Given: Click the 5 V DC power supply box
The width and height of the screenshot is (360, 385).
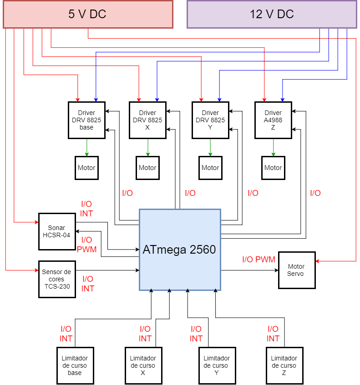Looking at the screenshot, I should pos(88,14).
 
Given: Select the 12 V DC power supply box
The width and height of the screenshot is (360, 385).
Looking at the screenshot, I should pos(272,14).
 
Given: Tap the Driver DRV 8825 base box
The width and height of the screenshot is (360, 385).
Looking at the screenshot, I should pos(86,120).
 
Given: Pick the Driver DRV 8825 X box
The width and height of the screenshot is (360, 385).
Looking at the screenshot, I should pos(147,120).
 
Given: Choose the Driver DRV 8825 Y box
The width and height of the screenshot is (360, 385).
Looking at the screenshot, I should pos(210,120).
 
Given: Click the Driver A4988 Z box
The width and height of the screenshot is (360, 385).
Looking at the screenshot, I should pos(273,120).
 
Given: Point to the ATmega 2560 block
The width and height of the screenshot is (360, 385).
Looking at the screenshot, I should pos(180,250).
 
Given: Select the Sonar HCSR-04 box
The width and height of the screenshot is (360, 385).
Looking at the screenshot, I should pos(56,231).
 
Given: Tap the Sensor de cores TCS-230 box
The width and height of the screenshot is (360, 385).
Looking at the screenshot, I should pos(57,279).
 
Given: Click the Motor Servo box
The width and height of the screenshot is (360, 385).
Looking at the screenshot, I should pos(297,270).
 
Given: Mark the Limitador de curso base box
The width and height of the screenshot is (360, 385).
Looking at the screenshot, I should pos(75,365).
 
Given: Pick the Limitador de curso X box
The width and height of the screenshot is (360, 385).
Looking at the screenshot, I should pos(143,365).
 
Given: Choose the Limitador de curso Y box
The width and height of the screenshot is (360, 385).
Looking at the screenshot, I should pos(217,365).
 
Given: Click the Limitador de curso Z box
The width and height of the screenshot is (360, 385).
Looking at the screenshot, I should pos(284,365).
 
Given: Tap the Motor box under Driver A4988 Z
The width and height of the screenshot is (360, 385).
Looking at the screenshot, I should pos(273,168).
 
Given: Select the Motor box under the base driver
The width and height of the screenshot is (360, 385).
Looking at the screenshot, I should pos(86,168).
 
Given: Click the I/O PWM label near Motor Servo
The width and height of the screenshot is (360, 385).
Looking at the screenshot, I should pos(259,260).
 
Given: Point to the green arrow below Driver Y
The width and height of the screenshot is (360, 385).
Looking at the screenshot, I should pos(210,147).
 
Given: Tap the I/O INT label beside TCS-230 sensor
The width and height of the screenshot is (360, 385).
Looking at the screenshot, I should pos(88,284).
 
